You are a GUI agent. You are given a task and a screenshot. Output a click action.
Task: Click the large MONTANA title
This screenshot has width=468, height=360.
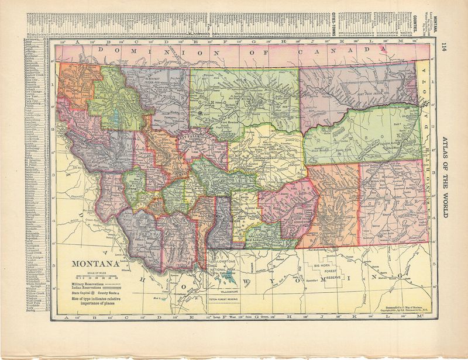[x=95, y=264]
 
